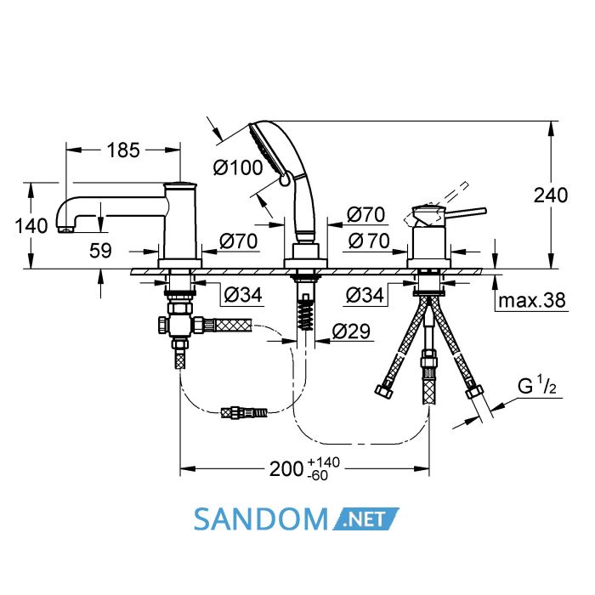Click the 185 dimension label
(123, 150)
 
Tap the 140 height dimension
(31, 226)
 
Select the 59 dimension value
(100, 251)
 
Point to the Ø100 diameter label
(238, 167)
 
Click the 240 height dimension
(551, 195)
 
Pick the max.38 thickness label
(532, 300)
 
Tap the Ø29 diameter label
(351, 331)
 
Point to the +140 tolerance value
(324, 462)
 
